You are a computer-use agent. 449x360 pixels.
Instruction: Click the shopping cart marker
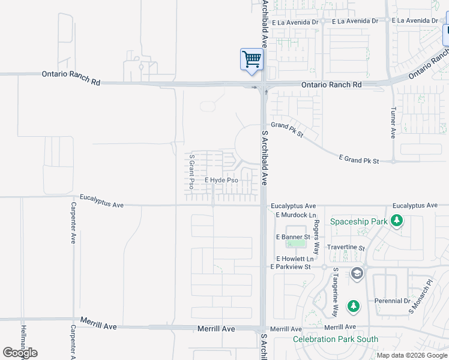[252, 59]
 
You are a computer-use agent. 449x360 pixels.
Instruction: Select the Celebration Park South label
[336, 339]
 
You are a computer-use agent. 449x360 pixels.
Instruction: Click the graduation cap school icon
[357, 274]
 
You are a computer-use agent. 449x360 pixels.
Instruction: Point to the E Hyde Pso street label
[221, 180]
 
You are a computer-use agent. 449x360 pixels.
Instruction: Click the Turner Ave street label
[393, 123]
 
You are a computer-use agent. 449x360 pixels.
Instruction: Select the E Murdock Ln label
[295, 215]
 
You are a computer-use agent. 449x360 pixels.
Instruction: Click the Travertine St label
[346, 247]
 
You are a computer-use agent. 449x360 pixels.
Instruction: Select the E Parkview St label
[291, 266]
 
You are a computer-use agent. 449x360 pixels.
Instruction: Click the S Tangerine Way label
[335, 293]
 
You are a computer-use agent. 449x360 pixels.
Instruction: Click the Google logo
[20, 353]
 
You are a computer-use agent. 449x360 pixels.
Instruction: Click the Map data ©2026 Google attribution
[411, 355]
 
